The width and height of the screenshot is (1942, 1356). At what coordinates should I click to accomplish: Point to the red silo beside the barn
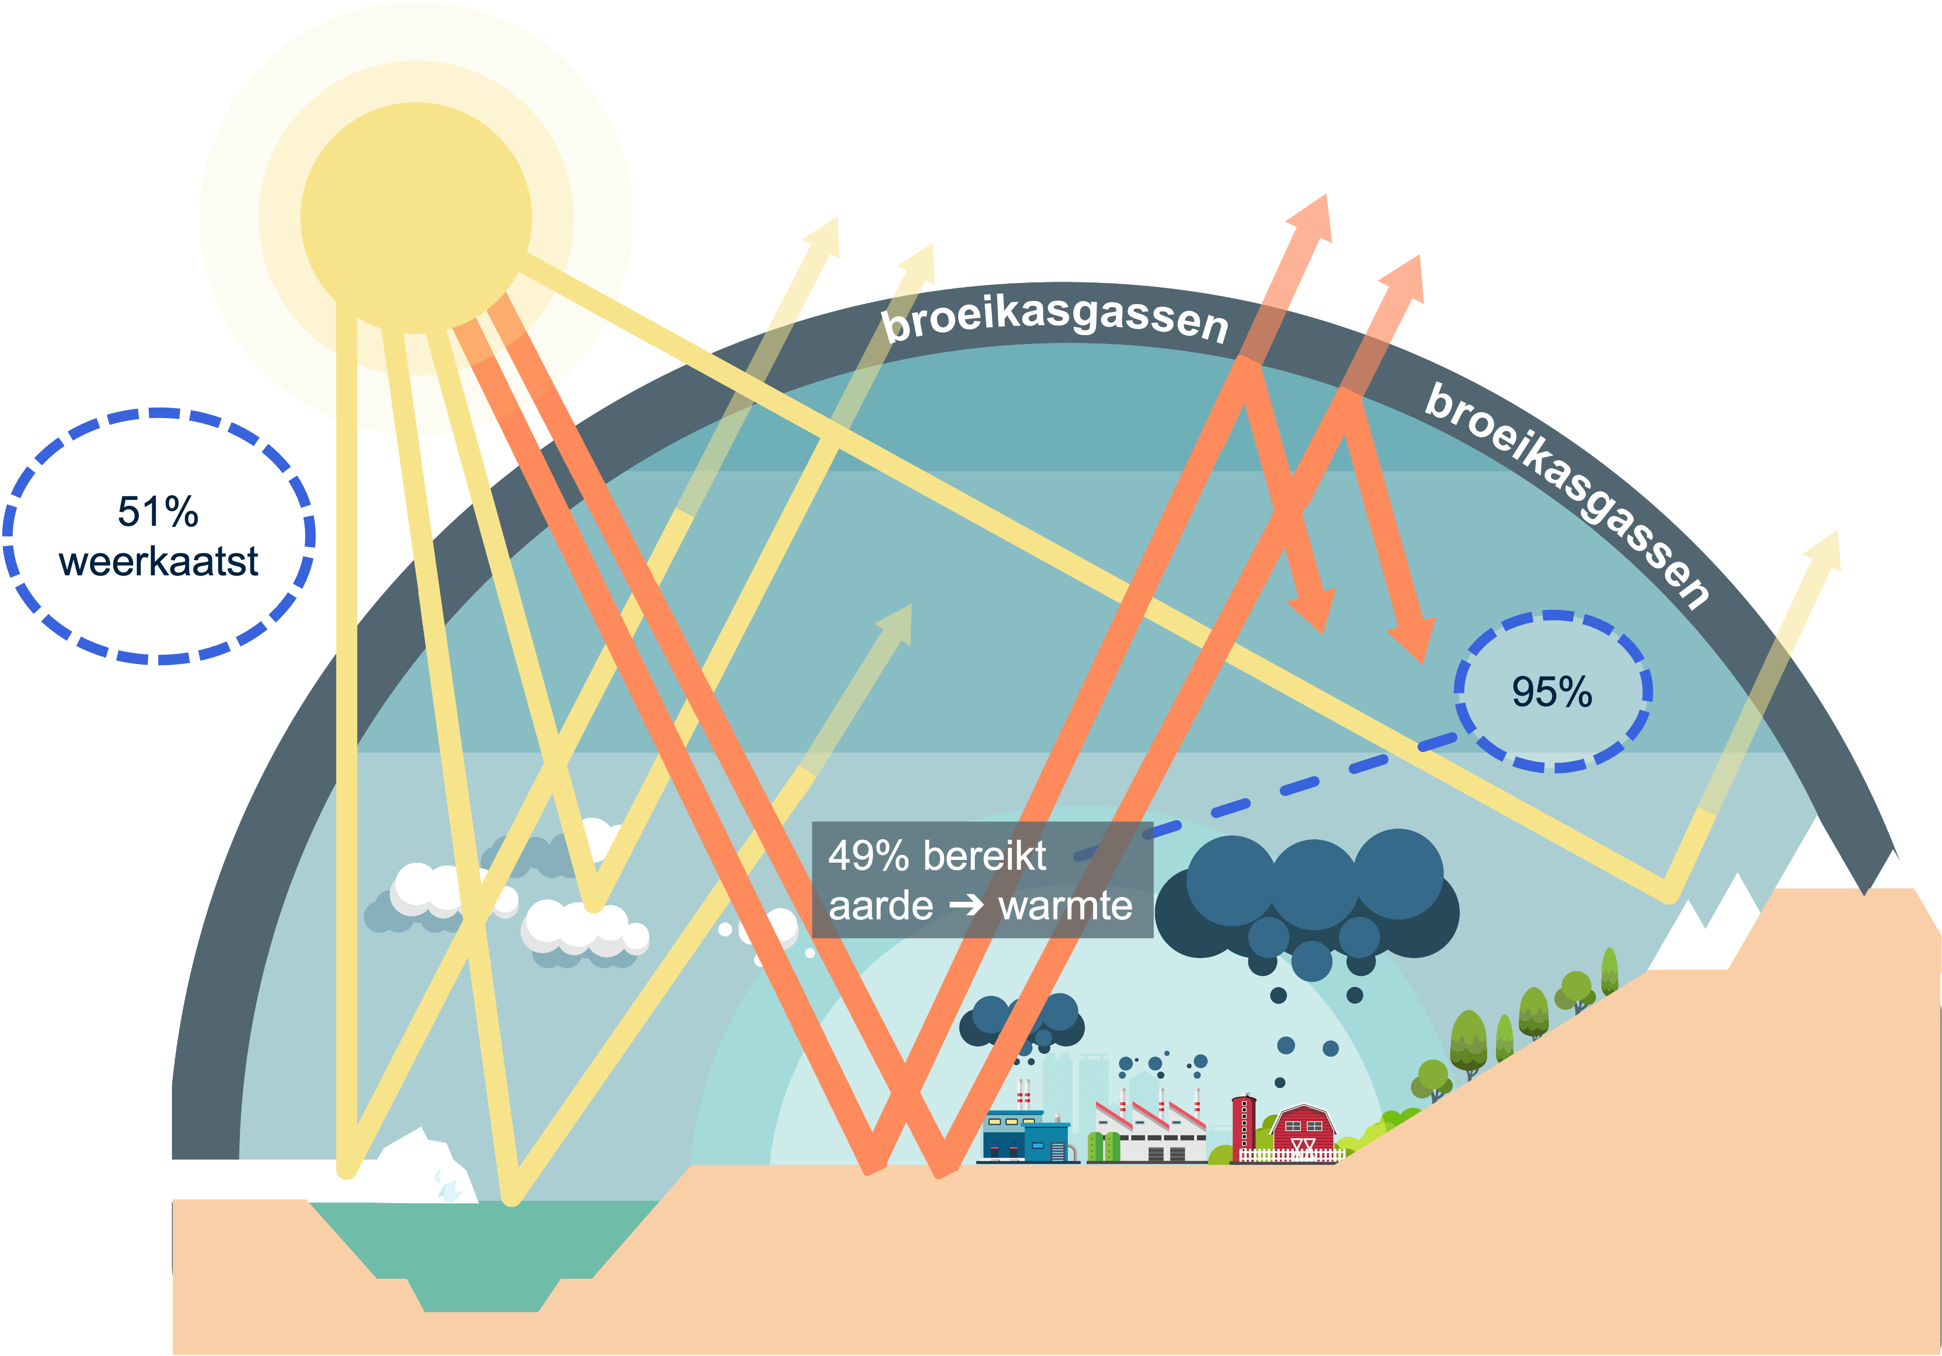tap(1243, 1127)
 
